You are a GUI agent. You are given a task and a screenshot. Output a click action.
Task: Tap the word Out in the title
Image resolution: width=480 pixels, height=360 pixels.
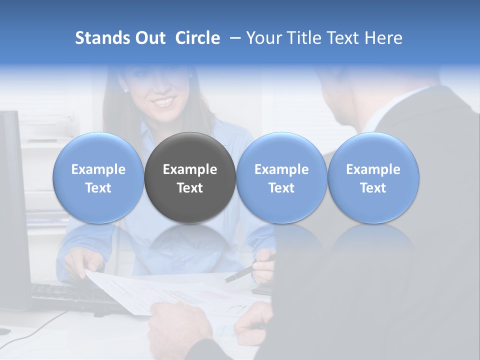point(149,38)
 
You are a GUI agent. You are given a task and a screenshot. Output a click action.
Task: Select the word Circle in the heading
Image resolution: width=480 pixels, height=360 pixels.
point(197,38)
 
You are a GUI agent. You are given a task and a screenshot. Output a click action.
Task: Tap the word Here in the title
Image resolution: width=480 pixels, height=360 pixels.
point(384,38)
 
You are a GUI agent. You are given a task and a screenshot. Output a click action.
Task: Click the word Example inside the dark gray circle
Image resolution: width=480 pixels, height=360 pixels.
point(190,169)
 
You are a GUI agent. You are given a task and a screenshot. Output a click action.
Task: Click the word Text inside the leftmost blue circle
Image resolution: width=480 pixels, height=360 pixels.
point(98,188)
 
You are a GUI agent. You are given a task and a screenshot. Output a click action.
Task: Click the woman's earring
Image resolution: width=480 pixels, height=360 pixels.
point(125,90)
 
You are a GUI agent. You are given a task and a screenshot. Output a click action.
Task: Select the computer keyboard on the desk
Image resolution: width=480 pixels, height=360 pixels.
point(75,297)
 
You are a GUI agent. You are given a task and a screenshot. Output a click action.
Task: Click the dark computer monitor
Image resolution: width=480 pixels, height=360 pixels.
point(12,210)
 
